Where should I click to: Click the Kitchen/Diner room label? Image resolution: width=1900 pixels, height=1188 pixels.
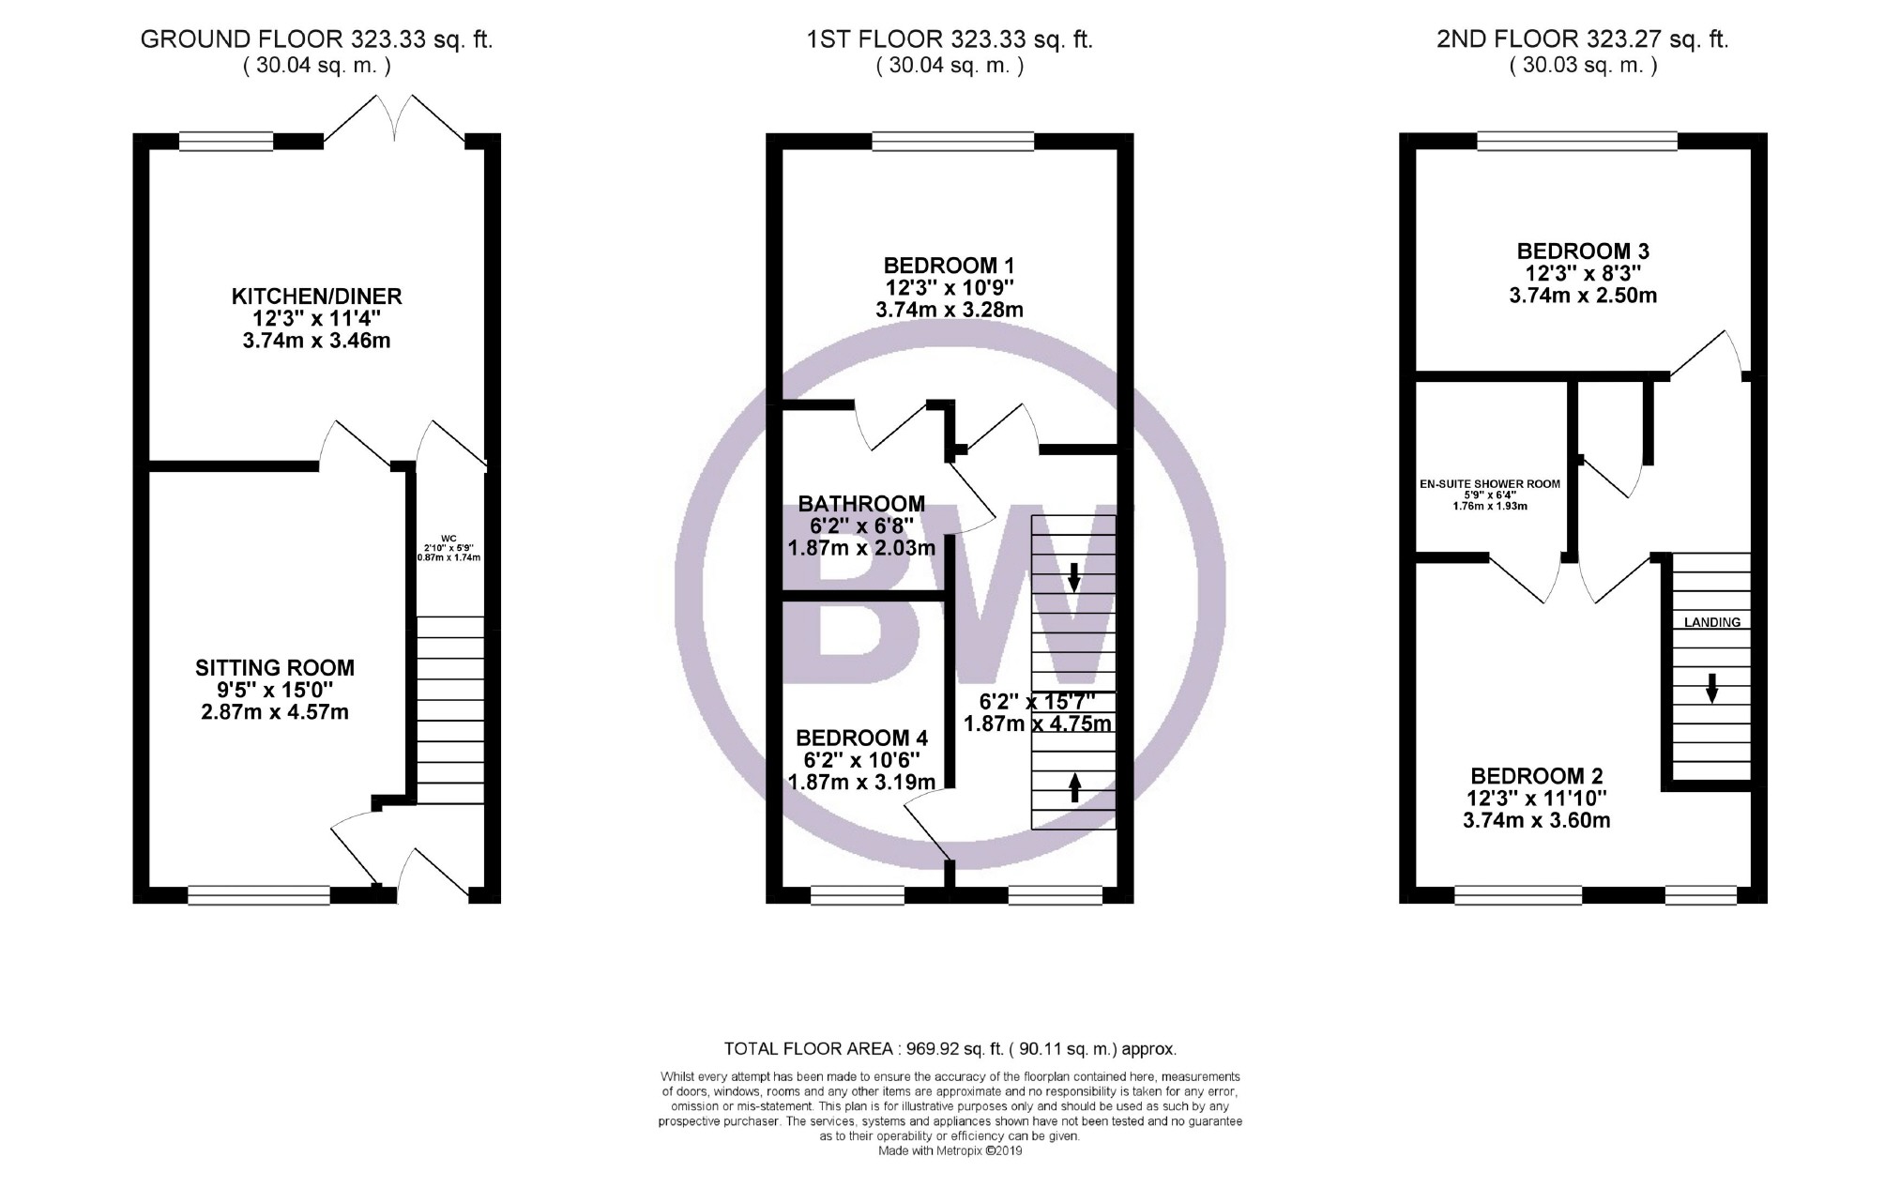click(316, 318)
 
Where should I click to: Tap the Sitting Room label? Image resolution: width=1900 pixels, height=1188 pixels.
click(275, 690)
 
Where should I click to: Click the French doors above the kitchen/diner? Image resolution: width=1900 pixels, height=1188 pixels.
click(394, 119)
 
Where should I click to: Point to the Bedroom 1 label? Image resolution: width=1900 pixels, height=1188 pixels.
click(950, 287)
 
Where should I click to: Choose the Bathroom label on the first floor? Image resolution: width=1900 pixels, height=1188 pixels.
click(861, 525)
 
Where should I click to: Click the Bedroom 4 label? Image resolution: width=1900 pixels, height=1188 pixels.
click(861, 760)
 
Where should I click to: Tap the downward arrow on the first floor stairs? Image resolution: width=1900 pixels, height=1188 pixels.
click(1074, 576)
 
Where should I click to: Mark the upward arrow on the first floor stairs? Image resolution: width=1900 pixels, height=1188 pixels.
click(1074, 786)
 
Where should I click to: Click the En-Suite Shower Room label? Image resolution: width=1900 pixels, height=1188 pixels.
click(1490, 495)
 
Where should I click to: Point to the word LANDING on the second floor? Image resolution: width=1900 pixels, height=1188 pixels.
click(1712, 622)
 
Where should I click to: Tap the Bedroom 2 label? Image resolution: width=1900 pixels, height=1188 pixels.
click(1537, 798)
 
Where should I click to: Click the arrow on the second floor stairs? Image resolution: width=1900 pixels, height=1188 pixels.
click(1711, 688)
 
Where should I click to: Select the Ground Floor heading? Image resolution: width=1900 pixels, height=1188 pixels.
click(316, 39)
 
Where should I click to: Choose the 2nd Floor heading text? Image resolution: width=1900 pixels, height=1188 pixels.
click(1583, 39)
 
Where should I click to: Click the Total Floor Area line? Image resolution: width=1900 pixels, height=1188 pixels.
click(950, 1049)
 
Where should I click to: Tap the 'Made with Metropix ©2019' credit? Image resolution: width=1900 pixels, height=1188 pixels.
click(950, 1150)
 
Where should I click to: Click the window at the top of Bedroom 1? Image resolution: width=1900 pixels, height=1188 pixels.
click(952, 142)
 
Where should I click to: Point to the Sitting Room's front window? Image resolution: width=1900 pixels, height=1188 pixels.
click(259, 895)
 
